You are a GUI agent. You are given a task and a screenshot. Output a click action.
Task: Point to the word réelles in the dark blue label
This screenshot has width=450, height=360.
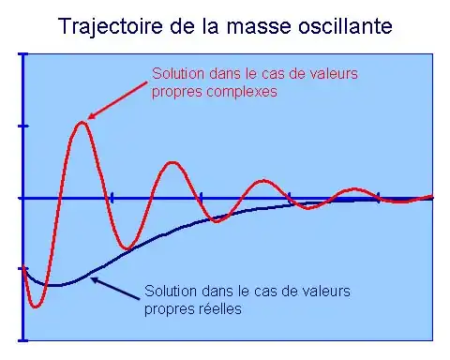click(x=219, y=309)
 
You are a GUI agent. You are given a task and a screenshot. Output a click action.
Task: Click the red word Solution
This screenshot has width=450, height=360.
click(x=178, y=74)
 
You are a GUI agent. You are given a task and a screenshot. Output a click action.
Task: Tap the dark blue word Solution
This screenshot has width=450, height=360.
click(x=171, y=291)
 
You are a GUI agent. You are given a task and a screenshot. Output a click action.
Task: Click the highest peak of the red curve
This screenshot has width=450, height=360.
click(x=82, y=122)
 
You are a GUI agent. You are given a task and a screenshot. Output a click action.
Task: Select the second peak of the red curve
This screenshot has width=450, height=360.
click(x=172, y=162)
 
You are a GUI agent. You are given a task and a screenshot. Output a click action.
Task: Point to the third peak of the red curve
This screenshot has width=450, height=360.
click(x=263, y=180)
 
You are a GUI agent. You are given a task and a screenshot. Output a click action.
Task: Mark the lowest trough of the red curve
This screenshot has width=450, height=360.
click(x=36, y=307)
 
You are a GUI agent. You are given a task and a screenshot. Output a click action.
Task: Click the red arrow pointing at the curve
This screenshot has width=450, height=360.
click(x=117, y=100)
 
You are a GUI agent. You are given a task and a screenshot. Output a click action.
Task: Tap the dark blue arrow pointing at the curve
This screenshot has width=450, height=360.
click(x=115, y=289)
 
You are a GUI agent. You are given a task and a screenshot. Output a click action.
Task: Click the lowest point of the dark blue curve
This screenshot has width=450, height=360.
click(x=53, y=285)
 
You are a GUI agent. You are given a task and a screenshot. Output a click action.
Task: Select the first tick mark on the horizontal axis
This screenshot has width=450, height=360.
click(x=112, y=198)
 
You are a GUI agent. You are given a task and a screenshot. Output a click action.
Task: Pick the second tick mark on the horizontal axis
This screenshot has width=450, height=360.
click(x=201, y=198)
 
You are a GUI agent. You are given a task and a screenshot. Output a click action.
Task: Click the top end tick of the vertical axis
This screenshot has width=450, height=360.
click(x=23, y=54)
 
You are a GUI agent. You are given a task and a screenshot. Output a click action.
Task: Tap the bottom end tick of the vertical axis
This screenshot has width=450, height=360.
click(x=23, y=340)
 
